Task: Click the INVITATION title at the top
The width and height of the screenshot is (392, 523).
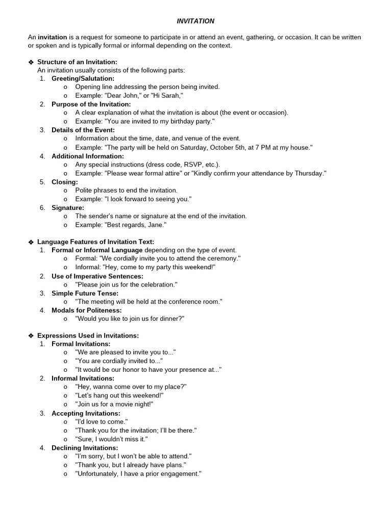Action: [x=195, y=21]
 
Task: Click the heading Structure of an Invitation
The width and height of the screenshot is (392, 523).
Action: [x=77, y=62]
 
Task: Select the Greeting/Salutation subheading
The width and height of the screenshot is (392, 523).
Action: [x=83, y=79]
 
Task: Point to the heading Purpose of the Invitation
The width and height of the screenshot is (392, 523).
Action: [x=91, y=104]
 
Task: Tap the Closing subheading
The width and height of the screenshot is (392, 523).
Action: [x=64, y=182]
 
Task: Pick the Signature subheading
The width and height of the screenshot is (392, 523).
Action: [x=68, y=208]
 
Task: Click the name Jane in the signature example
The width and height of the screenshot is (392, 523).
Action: [x=155, y=225]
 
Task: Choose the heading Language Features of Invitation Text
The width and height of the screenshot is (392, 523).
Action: [x=95, y=242]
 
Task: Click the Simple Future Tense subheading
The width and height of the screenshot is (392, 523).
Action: [x=85, y=293]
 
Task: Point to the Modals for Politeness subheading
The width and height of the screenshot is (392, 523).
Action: [x=86, y=311]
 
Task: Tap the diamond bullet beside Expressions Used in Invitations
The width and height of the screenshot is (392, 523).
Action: [x=31, y=336]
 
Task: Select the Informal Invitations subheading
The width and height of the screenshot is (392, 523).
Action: [x=83, y=378]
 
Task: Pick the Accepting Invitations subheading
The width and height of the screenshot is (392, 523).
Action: [x=86, y=413]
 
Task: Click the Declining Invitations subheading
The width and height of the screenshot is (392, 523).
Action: [x=84, y=447]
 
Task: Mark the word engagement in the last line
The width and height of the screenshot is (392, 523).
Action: [x=181, y=473]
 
